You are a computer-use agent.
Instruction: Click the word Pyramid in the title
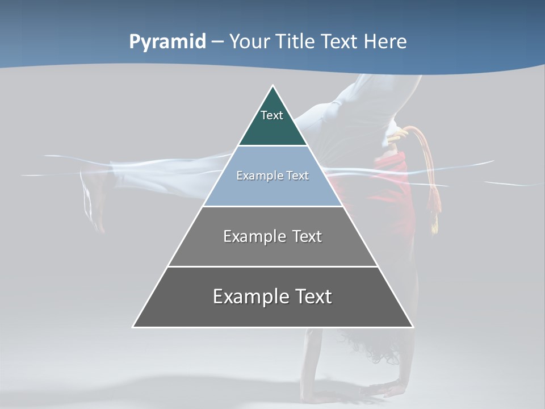(167, 42)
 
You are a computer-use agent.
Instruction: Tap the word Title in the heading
(297, 42)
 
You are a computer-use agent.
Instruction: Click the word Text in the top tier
(272, 115)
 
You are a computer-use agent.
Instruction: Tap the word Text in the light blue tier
(298, 176)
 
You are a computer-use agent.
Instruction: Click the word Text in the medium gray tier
(307, 236)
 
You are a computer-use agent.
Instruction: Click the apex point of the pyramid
(273, 86)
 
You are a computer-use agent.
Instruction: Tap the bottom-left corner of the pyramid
(133, 327)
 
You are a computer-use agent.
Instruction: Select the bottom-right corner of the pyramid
(413, 327)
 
